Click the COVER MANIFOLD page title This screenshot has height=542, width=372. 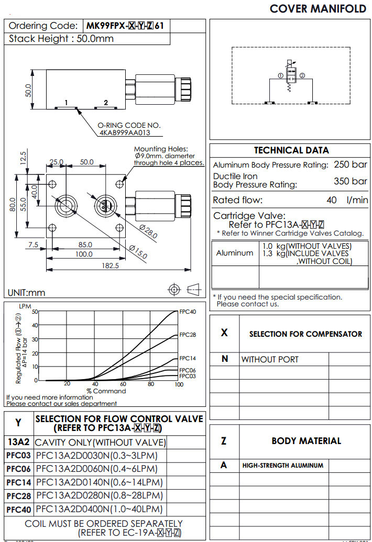click(x=318, y=8)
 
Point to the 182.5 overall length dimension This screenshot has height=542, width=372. click(x=110, y=266)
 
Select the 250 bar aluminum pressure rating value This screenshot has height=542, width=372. click(x=351, y=164)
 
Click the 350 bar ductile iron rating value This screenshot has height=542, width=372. click(x=351, y=181)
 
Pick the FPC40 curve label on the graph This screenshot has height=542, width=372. click(x=188, y=312)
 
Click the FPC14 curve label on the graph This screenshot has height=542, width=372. click(x=188, y=359)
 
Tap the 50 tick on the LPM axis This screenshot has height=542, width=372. click(x=35, y=312)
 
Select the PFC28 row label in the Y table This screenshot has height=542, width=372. click(x=19, y=495)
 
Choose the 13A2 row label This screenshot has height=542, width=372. click(x=19, y=441)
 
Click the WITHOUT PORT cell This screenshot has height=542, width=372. click(x=270, y=359)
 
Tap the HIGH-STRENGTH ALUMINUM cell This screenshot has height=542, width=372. click(x=282, y=465)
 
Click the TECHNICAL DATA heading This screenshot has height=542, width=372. click(x=291, y=150)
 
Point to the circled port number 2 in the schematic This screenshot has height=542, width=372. click(x=302, y=75)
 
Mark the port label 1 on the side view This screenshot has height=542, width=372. click(x=67, y=103)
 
